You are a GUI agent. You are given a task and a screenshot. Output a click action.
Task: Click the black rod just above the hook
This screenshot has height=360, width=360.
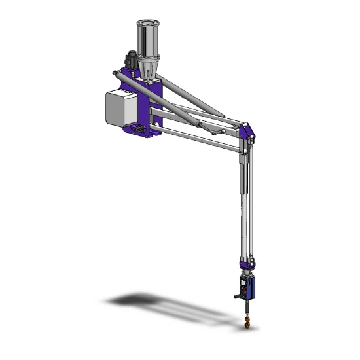tap(246, 307)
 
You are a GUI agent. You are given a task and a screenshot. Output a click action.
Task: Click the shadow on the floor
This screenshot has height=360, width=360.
tap(151, 303)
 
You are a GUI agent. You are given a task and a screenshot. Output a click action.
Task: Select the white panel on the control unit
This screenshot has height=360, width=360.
tap(243, 287)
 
